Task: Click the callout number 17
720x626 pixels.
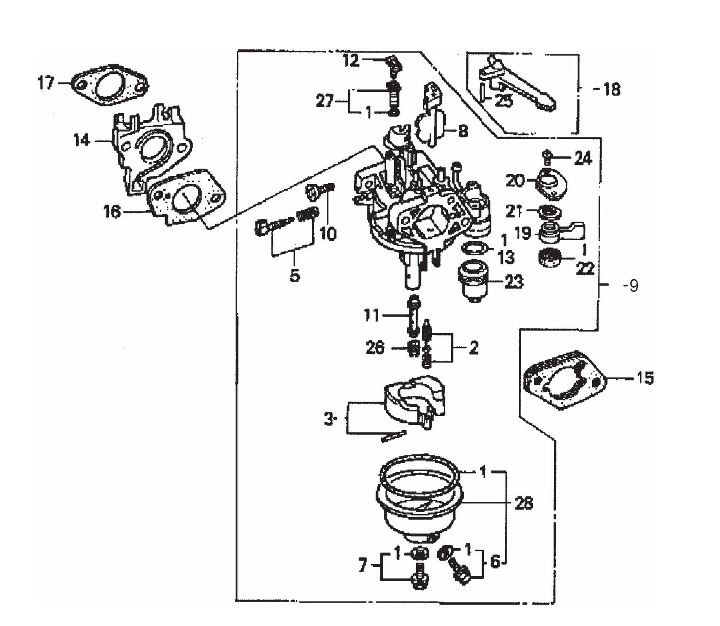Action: [46, 83]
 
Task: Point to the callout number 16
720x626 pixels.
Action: [112, 212]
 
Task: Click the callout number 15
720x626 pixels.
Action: [645, 378]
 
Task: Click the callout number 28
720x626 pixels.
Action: [524, 503]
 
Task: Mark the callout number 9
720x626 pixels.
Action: [632, 286]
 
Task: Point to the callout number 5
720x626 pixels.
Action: [295, 275]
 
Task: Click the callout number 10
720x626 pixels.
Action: [328, 233]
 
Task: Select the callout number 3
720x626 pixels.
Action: [328, 419]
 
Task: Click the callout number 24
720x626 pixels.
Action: [582, 158]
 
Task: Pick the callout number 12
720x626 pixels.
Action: [351, 61]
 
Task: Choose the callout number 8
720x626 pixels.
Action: [463, 131]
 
